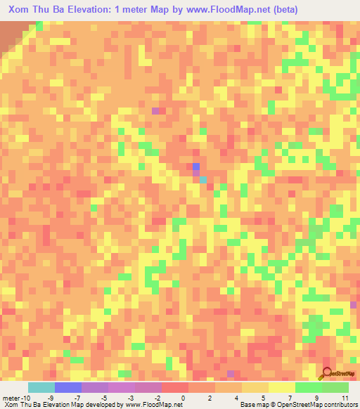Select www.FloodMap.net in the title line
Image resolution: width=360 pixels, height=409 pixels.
pos(219,10)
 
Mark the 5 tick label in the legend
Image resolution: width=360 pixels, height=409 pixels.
pos(263,398)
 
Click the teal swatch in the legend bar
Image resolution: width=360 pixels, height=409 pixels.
pos(41,387)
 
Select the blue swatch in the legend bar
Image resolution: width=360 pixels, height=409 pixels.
pos(68,387)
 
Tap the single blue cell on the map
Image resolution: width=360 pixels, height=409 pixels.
pos(196,167)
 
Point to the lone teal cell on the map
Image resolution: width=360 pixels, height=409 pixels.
pos(202,180)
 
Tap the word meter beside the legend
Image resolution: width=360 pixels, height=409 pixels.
pos(10,398)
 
